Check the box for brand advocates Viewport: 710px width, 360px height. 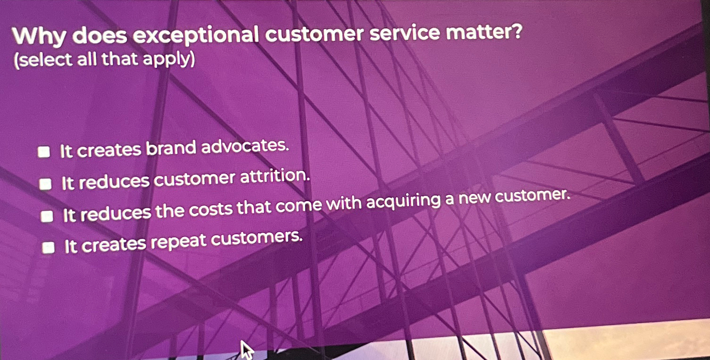[x=44, y=152]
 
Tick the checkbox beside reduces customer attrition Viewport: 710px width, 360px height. [x=45, y=184]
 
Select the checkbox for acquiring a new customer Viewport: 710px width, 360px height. [x=46, y=216]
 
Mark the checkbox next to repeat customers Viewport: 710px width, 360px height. [x=48, y=248]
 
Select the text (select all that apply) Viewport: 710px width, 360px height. [x=104, y=60]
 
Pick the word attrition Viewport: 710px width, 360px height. [x=276, y=177]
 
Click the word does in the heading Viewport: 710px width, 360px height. [x=99, y=36]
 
